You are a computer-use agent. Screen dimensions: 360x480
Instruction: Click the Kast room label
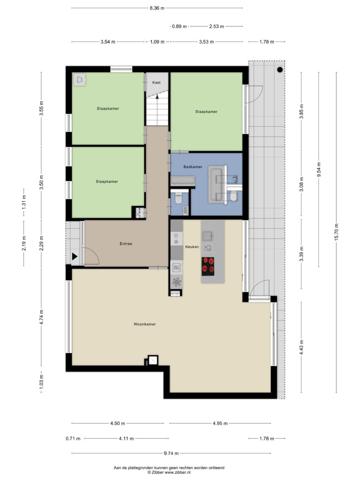156,82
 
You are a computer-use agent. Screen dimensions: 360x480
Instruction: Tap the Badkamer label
193,167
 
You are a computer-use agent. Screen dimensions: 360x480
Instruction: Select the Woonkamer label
145,324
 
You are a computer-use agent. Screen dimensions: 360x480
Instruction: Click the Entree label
126,244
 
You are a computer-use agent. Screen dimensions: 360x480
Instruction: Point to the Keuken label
192,247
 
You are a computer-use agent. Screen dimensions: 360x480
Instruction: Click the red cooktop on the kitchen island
208,266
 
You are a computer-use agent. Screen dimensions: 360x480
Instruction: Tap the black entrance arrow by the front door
75,256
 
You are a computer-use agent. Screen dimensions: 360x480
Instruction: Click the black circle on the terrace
280,70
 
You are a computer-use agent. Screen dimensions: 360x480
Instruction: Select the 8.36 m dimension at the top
157,8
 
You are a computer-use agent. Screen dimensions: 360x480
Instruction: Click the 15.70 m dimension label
336,232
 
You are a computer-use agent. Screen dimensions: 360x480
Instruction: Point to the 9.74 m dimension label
171,453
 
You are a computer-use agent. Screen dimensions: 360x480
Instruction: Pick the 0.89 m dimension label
179,26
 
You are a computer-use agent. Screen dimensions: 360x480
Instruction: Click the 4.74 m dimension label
41,317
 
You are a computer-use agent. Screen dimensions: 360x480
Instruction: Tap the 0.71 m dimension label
73,438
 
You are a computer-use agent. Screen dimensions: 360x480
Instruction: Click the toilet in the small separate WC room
178,198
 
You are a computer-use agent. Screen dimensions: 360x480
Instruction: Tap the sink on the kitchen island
208,236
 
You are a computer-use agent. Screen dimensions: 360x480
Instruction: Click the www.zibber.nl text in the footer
177,472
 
